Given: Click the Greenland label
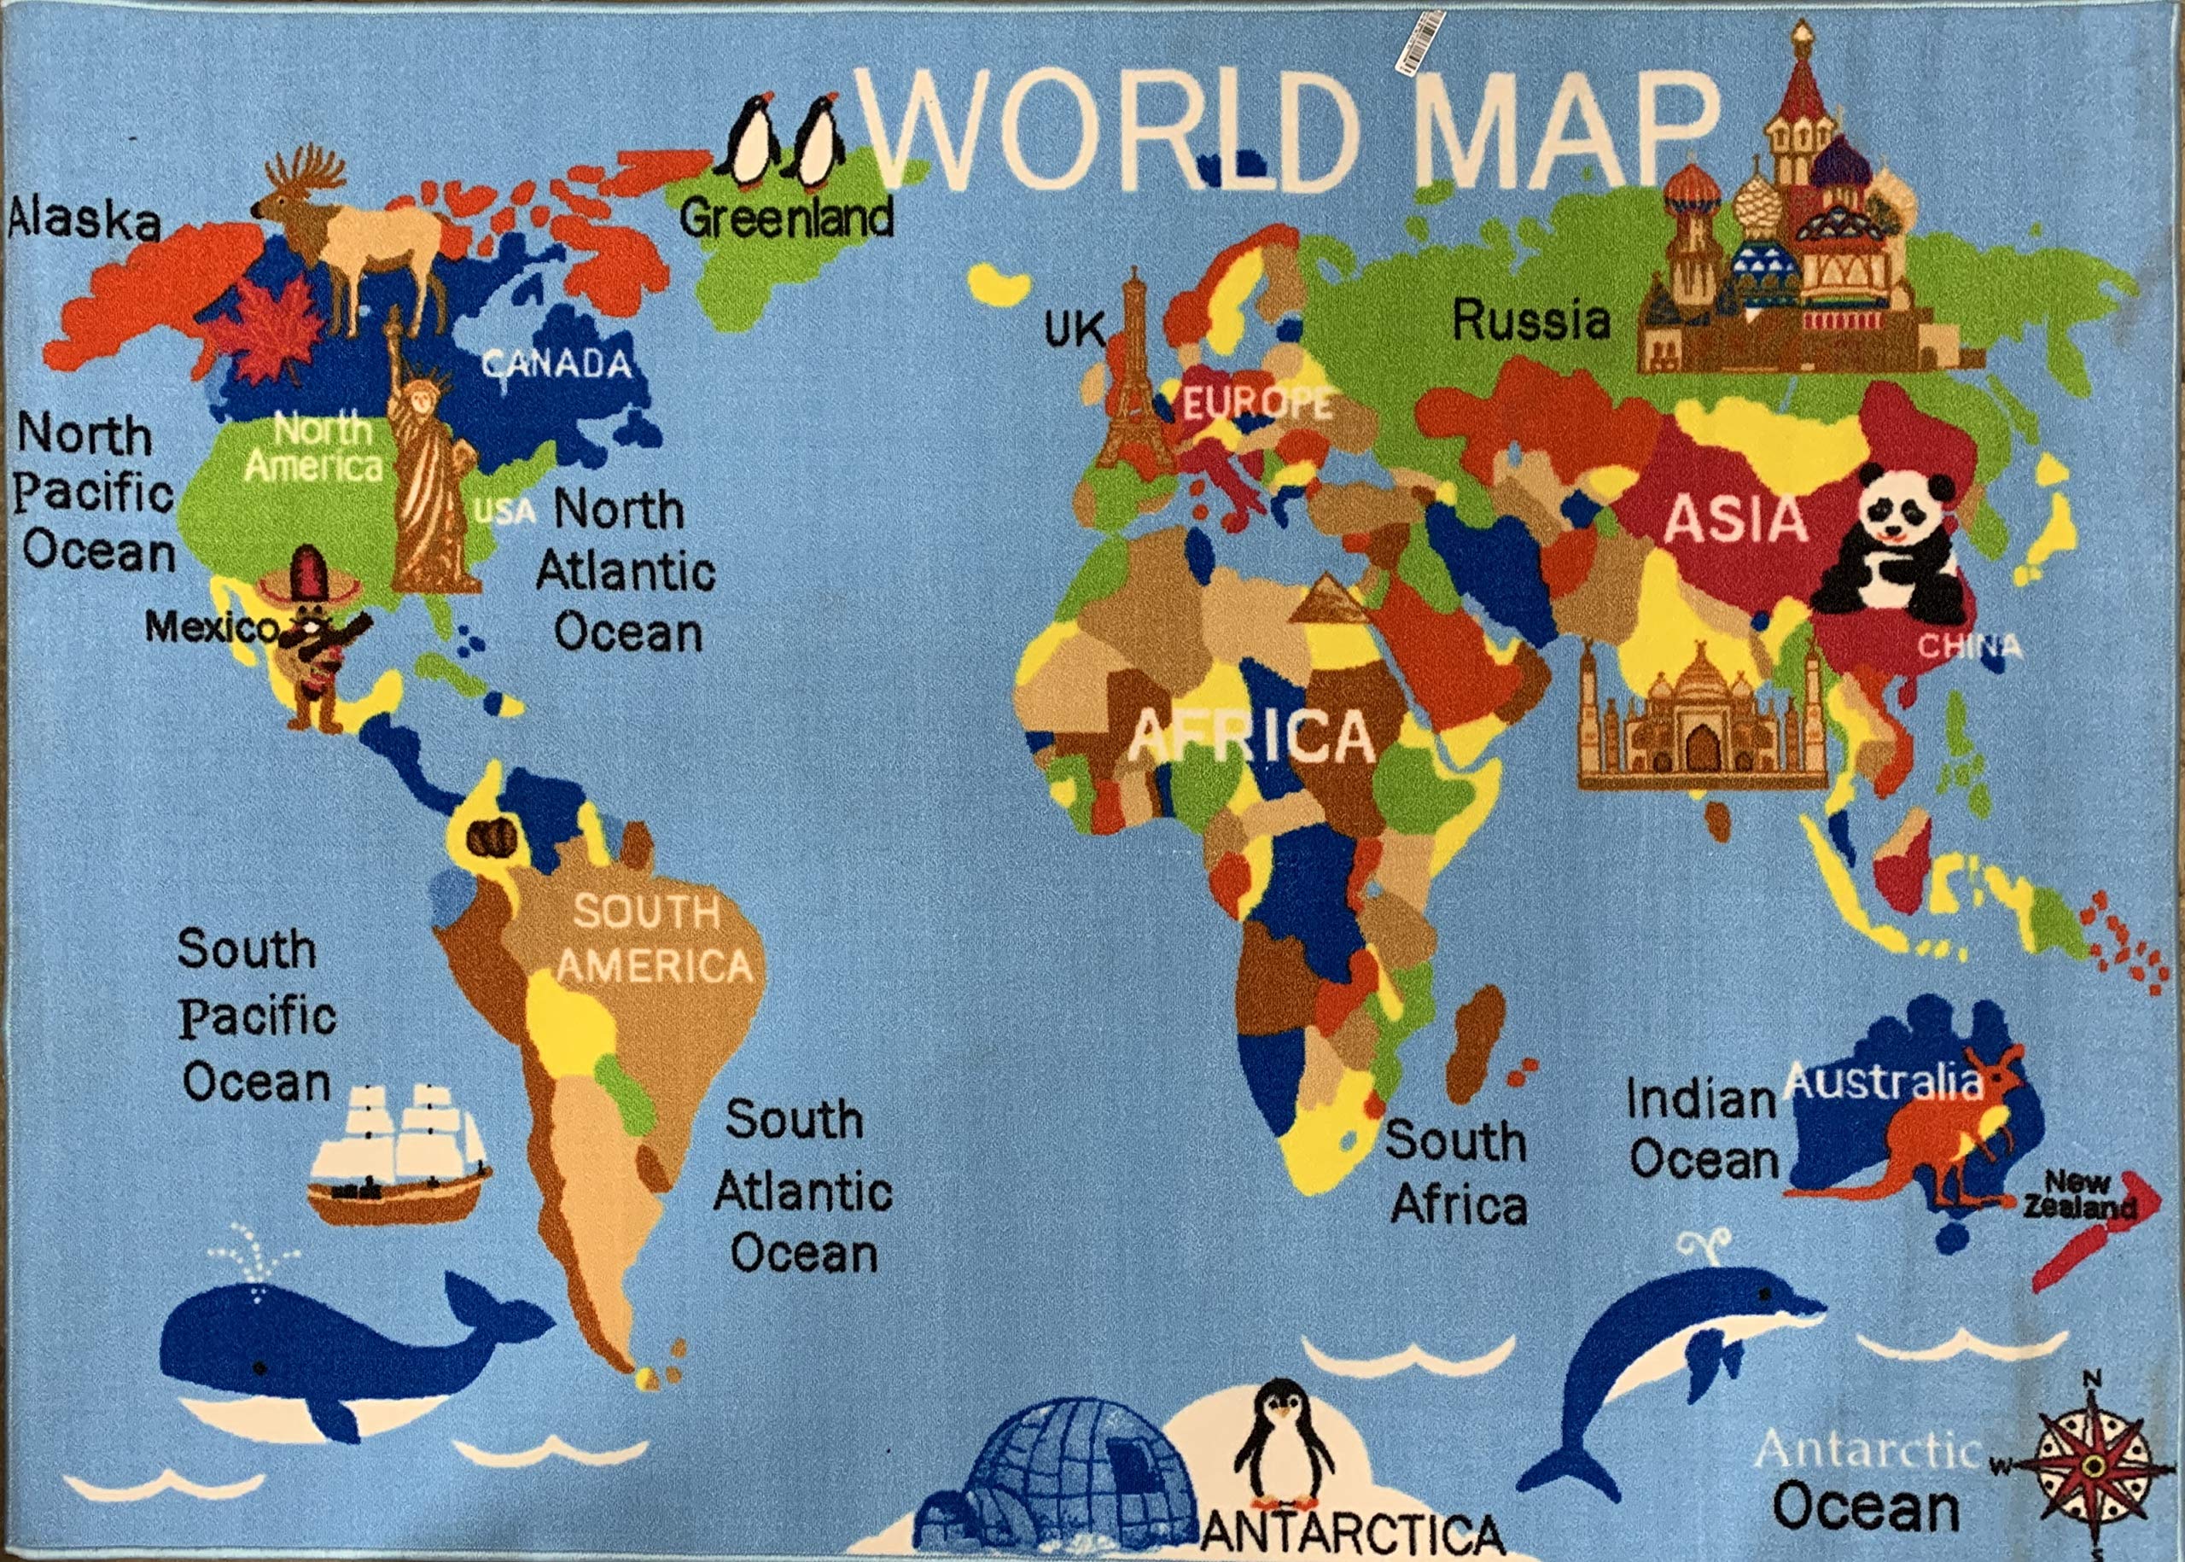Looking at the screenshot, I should (x=786, y=219).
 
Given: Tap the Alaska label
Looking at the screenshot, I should (x=84, y=220).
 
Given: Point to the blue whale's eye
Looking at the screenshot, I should (x=259, y=1367).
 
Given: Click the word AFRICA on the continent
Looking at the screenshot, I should (x=1250, y=736).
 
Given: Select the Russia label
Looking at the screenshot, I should (x=1530, y=319).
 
